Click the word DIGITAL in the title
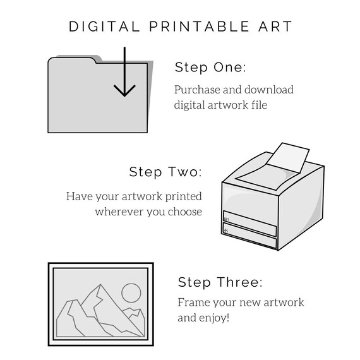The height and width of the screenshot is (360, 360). (104, 27)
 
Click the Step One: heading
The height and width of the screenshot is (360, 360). (210, 68)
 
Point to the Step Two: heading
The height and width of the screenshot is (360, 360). (165, 172)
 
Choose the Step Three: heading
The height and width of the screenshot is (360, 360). (220, 282)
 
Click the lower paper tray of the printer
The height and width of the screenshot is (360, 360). (249, 241)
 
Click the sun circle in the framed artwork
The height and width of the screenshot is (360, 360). (131, 292)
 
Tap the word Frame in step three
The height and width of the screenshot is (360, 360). (192, 302)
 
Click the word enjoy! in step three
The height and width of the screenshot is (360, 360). (215, 317)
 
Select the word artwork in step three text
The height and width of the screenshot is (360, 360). (282, 302)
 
